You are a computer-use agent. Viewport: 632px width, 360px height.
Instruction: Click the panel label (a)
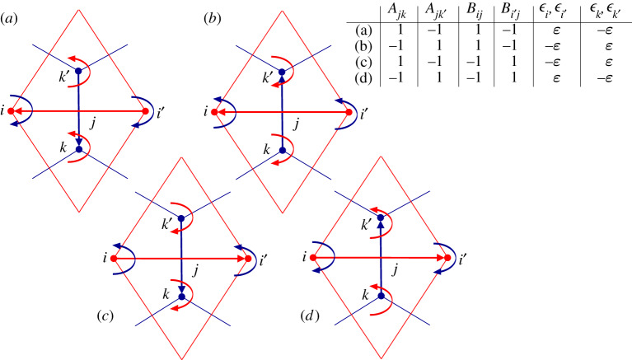[12, 17]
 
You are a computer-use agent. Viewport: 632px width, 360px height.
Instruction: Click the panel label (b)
[212, 17]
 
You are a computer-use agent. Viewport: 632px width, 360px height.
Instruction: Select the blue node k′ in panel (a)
[78, 72]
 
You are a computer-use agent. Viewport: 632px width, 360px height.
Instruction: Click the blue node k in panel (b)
[282, 150]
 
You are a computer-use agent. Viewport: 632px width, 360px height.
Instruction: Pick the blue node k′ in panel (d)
[382, 217]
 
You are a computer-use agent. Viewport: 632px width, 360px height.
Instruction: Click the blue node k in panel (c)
[180, 297]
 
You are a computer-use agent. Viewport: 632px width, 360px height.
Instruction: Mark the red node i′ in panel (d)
[447, 259]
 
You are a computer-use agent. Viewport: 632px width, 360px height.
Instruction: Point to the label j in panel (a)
[93, 122]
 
